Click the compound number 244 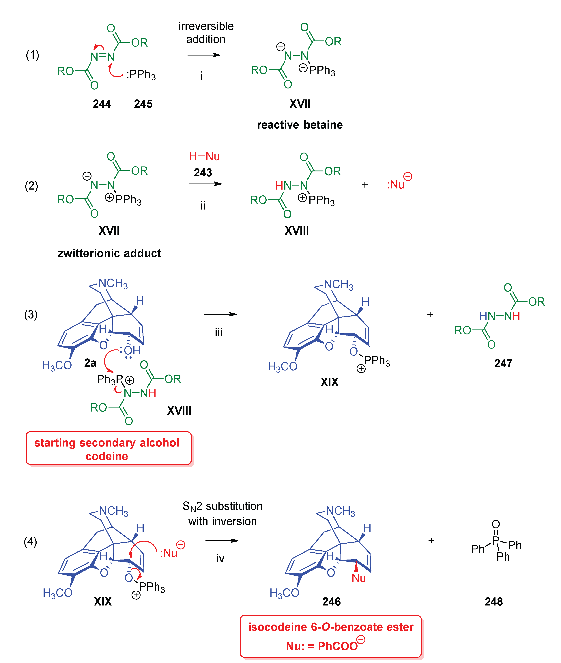(x=102, y=104)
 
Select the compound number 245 (x=143, y=104)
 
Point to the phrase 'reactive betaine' (x=300, y=125)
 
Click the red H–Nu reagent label (x=204, y=156)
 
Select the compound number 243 (x=203, y=173)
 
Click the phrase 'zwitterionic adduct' (x=109, y=253)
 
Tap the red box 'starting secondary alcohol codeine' (x=109, y=449)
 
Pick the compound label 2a (x=90, y=363)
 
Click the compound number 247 (x=503, y=363)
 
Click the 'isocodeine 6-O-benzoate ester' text (x=331, y=627)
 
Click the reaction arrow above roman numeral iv (x=222, y=540)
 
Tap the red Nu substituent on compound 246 (x=358, y=578)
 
